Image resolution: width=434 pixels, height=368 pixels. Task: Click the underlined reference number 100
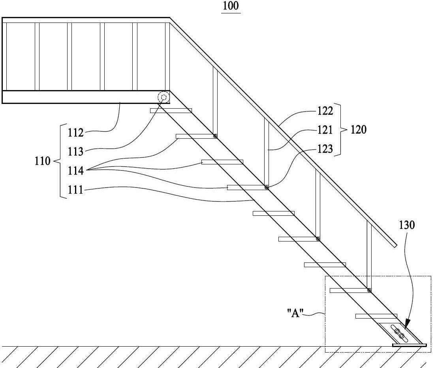tap(231, 6)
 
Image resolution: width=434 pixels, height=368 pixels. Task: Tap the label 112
tap(76, 133)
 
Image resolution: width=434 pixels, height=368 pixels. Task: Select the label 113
tap(76, 151)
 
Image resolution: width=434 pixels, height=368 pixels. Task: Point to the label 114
tap(76, 171)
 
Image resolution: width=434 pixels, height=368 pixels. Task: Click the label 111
tap(76, 190)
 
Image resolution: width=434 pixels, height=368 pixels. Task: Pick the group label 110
tap(42, 161)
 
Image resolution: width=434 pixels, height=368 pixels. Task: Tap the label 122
tap(325, 111)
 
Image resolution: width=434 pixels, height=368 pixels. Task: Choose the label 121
tap(325, 130)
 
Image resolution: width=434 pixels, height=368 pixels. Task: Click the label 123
tap(325, 149)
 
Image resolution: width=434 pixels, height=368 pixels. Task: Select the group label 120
tap(359, 130)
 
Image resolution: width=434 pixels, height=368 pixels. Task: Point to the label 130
tap(407, 225)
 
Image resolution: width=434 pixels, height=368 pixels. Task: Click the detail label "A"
tap(295, 313)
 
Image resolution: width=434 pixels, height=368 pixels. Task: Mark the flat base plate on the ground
tap(410, 345)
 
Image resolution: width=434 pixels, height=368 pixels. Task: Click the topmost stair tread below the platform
tap(171, 111)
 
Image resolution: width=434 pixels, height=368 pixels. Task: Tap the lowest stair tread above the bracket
tap(376, 316)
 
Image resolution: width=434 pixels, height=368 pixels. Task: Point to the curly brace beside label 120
tap(343, 130)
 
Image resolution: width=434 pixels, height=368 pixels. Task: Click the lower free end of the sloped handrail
tap(395, 245)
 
